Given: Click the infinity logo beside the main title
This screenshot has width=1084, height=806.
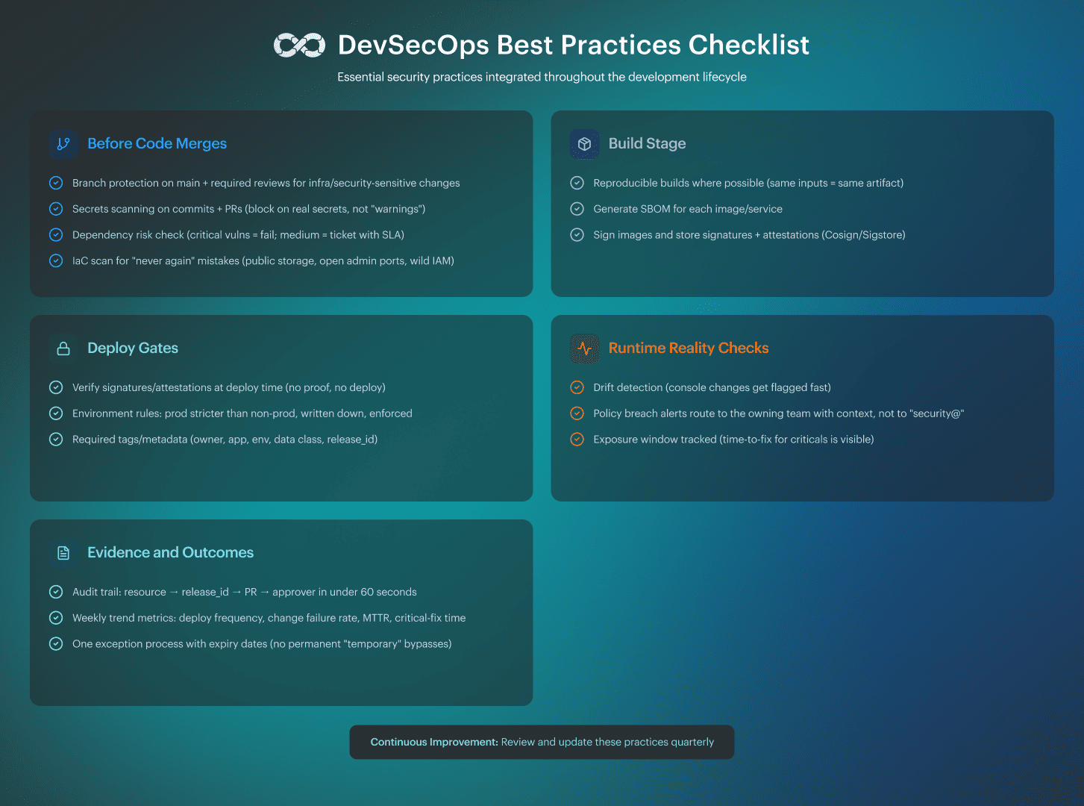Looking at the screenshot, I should click(299, 46).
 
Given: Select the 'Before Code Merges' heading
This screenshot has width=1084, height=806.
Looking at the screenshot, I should click(157, 143).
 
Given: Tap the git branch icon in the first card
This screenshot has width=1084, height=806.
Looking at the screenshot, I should click(63, 143).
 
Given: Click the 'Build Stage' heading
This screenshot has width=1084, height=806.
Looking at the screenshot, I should click(647, 143).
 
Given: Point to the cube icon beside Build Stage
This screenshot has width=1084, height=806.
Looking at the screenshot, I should click(585, 143).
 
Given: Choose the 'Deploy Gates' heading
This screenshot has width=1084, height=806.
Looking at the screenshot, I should click(133, 348).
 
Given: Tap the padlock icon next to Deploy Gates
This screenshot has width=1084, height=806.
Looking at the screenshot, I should click(63, 349).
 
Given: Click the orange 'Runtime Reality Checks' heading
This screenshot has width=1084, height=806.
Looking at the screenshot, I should click(688, 348).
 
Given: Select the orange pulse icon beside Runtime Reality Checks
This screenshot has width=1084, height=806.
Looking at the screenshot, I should click(585, 349).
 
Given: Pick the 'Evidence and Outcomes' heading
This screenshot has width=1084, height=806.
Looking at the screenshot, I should click(170, 552).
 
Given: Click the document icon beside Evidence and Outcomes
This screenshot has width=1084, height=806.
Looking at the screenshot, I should click(63, 553).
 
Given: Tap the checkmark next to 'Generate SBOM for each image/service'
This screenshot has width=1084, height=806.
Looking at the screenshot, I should click(577, 209).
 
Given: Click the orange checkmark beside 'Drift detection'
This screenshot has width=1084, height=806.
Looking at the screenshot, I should click(577, 387).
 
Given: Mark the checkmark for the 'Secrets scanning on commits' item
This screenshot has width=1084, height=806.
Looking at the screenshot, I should click(56, 209).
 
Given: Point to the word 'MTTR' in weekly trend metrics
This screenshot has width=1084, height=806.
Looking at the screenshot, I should click(376, 618).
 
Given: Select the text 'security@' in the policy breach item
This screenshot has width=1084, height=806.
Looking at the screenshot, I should click(938, 413).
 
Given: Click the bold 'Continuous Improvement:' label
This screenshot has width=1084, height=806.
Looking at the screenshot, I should click(434, 742).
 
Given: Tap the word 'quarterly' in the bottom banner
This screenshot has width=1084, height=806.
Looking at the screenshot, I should click(692, 742).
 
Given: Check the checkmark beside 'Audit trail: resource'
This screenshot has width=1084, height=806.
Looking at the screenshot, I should click(56, 592).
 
